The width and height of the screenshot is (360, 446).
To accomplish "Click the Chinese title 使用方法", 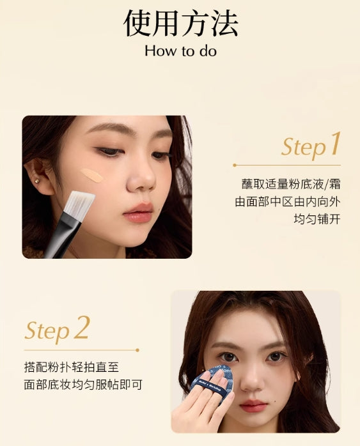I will click(180, 24).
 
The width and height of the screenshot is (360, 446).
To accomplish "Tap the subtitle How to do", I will click(180, 51).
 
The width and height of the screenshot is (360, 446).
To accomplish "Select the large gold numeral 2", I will click(81, 328).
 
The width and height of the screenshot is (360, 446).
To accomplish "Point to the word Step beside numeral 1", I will click(304, 148).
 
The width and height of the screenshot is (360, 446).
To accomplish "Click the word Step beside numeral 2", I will click(47, 331).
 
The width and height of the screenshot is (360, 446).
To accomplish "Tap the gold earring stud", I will click(37, 181).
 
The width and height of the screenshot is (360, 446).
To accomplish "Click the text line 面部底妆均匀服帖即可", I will click(82, 385).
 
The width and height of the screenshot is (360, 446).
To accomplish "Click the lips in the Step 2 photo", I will click(254, 405).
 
